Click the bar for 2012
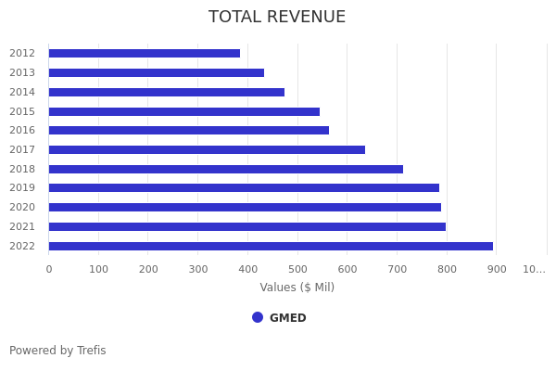pos(144,54)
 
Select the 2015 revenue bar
pos(183,111)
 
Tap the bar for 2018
pos(225,169)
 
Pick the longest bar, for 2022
pos(271,246)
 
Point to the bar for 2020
pos(245,208)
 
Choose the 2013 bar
pos(156,72)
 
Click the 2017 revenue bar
pos(207,149)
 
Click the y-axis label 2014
pos(22,92)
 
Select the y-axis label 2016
pos(22,131)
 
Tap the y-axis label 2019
pos(22,188)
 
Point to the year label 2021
pos(22,226)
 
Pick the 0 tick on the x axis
pos(49,269)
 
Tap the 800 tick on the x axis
pos(447,269)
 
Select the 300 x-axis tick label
pos(198,269)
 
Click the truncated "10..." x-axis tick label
pos(534,269)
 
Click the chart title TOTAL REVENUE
pos(277,18)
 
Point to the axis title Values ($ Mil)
pos(297,288)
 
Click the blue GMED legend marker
pos(258,317)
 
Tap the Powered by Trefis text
pos(57,351)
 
